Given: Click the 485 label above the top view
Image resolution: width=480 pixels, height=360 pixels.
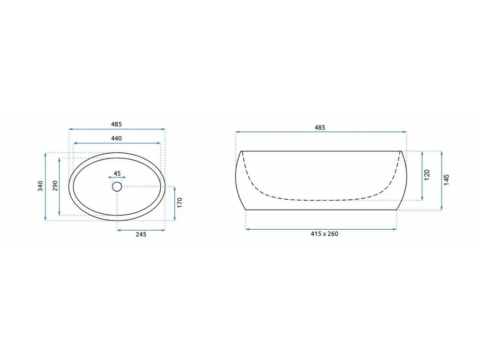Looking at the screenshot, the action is pos(116,124).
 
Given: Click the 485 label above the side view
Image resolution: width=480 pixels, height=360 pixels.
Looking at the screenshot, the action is pos(320,127).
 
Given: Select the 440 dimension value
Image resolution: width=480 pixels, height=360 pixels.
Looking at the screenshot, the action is pos(116,138).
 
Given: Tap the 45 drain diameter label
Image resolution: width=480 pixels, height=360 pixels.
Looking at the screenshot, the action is pos(117,173).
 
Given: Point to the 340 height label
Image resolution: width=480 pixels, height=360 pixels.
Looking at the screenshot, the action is pos(40,186).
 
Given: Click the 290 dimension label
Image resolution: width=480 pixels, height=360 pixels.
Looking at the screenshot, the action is pos(55,186).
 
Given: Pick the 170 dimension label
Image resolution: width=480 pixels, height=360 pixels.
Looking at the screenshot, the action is pos(180,202).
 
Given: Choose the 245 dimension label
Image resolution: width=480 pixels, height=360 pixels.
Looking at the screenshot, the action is pos(141,234).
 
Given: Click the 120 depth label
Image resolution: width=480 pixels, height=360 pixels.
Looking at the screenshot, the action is pos(427,175).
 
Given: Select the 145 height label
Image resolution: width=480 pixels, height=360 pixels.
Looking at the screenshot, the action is pos(447,180).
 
